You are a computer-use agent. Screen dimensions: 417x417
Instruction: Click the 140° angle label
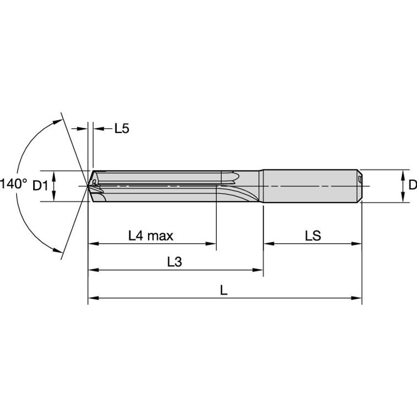(x=13, y=184)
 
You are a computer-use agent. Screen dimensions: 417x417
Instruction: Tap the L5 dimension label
(x=122, y=129)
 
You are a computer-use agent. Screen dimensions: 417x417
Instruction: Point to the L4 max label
(x=151, y=236)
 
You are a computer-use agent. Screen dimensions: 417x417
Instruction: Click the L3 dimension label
(x=174, y=262)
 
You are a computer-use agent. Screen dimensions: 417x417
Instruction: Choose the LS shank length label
(x=313, y=236)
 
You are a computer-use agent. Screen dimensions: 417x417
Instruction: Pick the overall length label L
(x=224, y=290)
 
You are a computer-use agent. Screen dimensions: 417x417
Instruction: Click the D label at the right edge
(x=412, y=185)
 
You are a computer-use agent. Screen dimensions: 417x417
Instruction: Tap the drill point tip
(x=89, y=186)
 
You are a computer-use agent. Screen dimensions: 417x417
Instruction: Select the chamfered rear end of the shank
(x=360, y=186)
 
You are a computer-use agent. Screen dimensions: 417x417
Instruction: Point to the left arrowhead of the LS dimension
(x=268, y=243)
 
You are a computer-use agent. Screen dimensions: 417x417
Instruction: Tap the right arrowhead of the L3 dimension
(x=260, y=270)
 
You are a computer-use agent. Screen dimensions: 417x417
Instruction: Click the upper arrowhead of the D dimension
(x=403, y=173)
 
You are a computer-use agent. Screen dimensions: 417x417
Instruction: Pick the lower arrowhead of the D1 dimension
(x=54, y=197)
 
